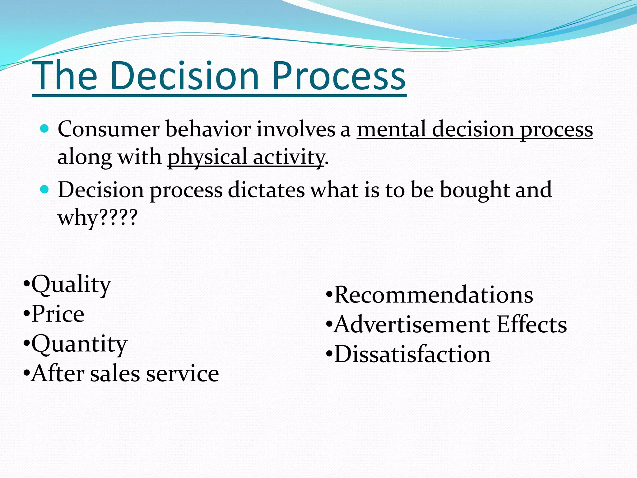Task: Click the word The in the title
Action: coord(65,76)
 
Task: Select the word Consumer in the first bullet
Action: coord(108,129)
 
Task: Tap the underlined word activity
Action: coord(288,157)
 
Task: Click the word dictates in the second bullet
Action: coord(266,190)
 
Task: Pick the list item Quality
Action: coord(71,284)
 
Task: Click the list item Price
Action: coord(58,314)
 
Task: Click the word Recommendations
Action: coord(433,294)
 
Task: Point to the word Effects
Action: coord(532,325)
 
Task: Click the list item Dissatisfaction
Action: coord(412,354)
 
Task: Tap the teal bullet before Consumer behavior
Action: coord(45,128)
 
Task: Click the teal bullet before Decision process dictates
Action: coord(45,189)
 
